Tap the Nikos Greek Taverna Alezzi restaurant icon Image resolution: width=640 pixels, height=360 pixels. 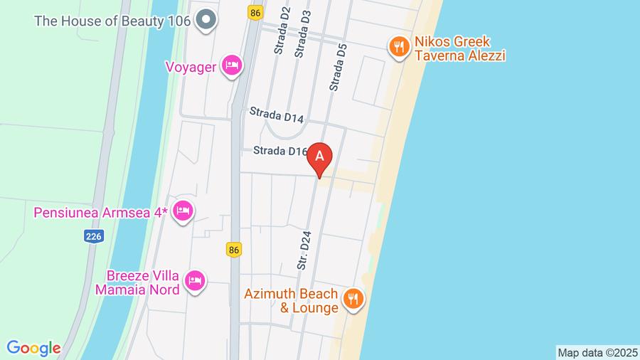(398, 48)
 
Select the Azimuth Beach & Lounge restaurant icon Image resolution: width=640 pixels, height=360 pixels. (352, 299)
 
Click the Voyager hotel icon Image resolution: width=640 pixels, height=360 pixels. (231, 66)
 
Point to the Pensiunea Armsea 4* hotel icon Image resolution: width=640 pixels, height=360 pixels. (183, 211)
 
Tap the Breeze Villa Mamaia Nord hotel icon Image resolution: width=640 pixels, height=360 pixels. (194, 281)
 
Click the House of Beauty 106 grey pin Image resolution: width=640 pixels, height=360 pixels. (206, 20)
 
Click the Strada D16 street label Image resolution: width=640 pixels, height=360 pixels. (281, 151)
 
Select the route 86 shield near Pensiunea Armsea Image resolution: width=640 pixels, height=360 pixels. (235, 249)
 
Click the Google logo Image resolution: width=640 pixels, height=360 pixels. (33, 348)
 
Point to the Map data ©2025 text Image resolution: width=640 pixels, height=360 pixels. (597, 352)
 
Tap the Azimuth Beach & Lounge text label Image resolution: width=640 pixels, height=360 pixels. (291, 301)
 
